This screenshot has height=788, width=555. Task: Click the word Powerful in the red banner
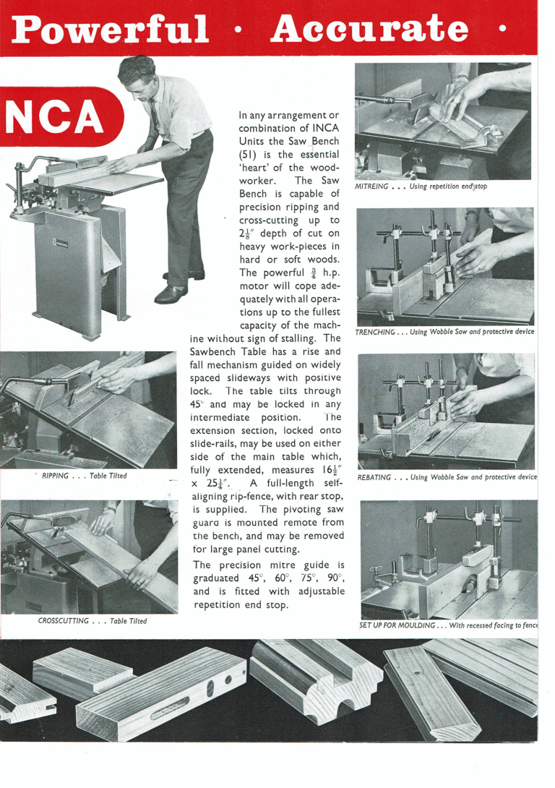[111, 29]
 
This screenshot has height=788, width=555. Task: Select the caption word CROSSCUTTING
[64, 620]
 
